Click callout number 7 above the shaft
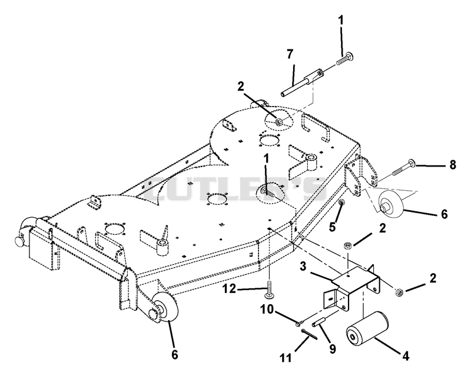[290, 54]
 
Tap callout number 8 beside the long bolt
[452, 165]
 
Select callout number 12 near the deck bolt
[230, 289]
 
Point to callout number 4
[406, 356]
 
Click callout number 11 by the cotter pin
[286, 358]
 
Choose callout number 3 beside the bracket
[303, 267]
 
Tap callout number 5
[332, 227]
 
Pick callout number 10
[267, 309]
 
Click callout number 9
[332, 348]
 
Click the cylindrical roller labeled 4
[367, 330]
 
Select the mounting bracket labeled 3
[351, 287]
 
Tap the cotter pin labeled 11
[309, 334]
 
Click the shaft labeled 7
[302, 83]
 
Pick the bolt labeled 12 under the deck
[269, 289]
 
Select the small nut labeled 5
[341, 202]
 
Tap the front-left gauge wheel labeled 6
[165, 307]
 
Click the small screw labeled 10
[300, 323]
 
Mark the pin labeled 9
[318, 322]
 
